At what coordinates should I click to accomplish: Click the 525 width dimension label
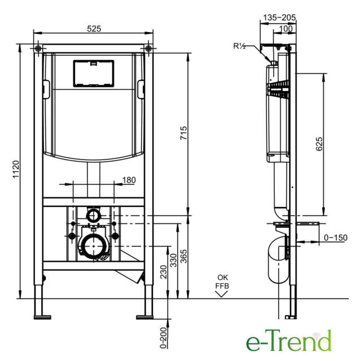point(94,29)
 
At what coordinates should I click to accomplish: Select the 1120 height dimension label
point(16,169)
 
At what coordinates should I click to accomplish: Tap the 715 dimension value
point(183,133)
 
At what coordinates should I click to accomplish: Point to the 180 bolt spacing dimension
point(129,180)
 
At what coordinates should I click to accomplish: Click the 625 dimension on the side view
point(319,144)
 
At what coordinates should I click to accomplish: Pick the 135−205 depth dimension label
point(279,17)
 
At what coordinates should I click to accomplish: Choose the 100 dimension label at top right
point(286,29)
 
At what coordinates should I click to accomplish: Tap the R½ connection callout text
point(239,46)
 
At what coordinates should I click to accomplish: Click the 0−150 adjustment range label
point(335,237)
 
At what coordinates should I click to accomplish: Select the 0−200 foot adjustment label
point(163,338)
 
